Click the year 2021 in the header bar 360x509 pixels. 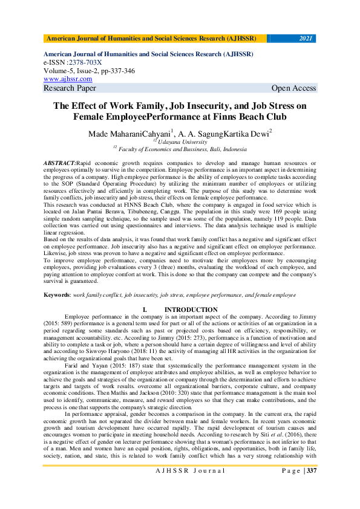pyautogui.click(x=306, y=39)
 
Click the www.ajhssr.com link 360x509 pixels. pyautogui.click(x=68, y=79)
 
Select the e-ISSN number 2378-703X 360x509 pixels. pyautogui.click(x=85, y=62)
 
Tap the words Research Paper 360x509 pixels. pyautogui.click(x=70, y=88)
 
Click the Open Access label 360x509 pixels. pyautogui.click(x=293, y=88)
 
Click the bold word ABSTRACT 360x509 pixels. pyautogui.click(x=60, y=164)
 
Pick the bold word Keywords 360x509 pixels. pyautogui.click(x=56, y=294)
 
